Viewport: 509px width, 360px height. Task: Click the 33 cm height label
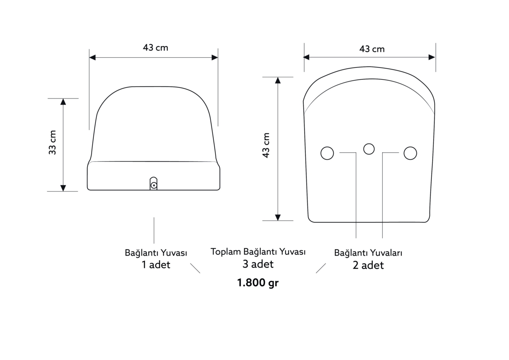(x=53, y=142)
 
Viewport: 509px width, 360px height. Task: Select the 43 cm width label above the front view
(x=155, y=48)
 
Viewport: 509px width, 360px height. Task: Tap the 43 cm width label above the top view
(x=372, y=49)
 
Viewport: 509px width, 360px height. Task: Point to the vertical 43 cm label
(x=266, y=145)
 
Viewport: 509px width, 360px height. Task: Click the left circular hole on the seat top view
(x=327, y=153)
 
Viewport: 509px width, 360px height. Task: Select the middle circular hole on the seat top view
(x=369, y=149)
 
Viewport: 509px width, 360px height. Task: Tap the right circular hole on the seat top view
(x=410, y=153)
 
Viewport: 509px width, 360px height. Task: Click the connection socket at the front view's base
(x=154, y=184)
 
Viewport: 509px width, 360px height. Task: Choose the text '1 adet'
(x=156, y=265)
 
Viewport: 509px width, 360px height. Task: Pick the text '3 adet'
(x=258, y=264)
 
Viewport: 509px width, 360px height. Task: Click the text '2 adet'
(x=368, y=265)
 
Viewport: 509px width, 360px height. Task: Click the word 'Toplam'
(x=226, y=251)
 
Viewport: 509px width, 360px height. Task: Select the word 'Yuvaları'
(x=386, y=253)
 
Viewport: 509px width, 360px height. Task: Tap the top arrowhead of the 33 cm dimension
(x=63, y=101)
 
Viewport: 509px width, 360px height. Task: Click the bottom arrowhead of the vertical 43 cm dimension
(x=278, y=217)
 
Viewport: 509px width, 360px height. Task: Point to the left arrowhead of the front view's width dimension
(x=92, y=57)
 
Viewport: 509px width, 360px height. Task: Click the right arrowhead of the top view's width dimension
(x=432, y=57)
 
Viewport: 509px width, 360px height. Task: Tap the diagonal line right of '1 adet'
(x=195, y=268)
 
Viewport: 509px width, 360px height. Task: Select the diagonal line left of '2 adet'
(x=321, y=268)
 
